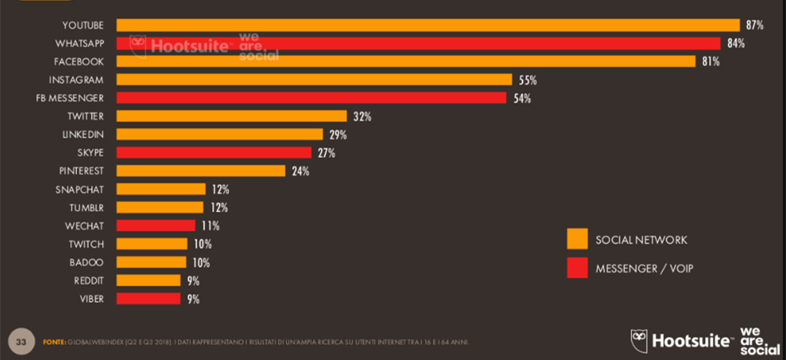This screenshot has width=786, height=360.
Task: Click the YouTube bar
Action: click(x=427, y=25)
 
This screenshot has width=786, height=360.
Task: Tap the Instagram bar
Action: click(x=314, y=80)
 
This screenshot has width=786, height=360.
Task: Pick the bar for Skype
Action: click(x=213, y=153)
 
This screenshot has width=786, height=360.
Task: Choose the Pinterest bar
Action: click(x=201, y=171)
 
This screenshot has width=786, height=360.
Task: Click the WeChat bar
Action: click(x=156, y=225)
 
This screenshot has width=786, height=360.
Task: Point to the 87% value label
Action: click(x=754, y=25)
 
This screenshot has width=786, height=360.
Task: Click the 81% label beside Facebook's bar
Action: click(x=710, y=61)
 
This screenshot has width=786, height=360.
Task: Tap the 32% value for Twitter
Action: click(x=362, y=117)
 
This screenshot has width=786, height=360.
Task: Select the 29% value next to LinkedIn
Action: click(x=338, y=135)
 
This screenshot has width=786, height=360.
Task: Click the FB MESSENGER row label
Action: click(x=70, y=98)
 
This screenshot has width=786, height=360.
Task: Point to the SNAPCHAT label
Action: click(x=79, y=189)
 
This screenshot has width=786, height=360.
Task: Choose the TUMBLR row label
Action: click(x=86, y=207)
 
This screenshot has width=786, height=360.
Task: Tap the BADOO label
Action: click(x=86, y=262)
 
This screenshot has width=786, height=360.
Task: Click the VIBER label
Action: click(x=91, y=299)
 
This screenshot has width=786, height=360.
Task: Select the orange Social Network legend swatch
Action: click(x=577, y=239)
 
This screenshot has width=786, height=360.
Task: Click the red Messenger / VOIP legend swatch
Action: click(x=577, y=267)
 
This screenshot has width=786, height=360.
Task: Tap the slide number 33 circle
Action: click(x=21, y=342)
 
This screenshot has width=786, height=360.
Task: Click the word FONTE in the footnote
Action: click(x=54, y=342)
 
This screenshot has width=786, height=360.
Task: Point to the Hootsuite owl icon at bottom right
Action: click(x=639, y=341)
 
